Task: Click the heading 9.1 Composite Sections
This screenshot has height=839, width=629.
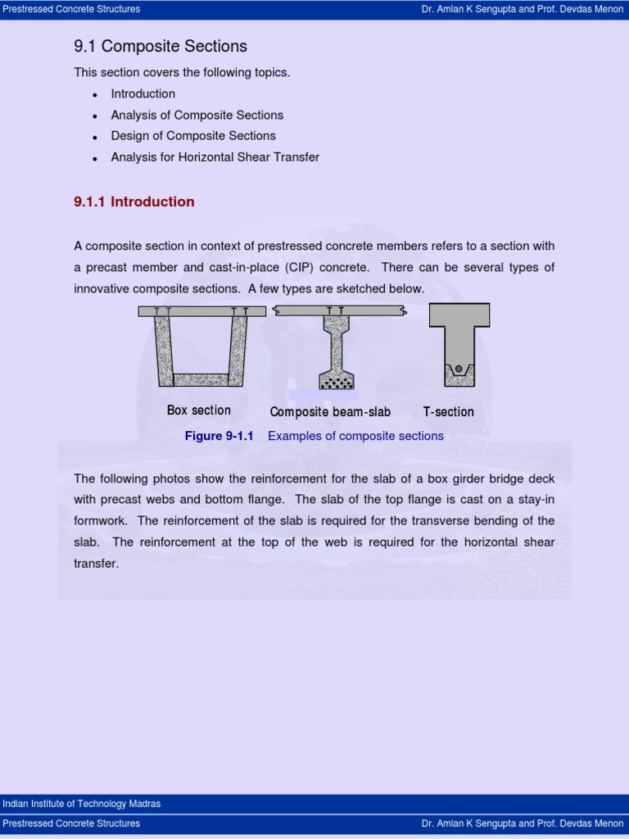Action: point(161,47)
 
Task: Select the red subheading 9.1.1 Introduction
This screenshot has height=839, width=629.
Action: point(134,202)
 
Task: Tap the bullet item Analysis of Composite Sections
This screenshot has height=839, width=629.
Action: point(197,115)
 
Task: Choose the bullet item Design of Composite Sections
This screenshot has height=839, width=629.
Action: point(193,136)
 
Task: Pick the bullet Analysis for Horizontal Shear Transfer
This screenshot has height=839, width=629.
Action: point(215,157)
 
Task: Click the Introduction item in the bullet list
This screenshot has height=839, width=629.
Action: point(143,94)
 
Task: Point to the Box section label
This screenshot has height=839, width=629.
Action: point(199,410)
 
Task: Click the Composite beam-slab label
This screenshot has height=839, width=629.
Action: point(330,412)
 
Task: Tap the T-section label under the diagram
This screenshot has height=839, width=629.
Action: point(448,412)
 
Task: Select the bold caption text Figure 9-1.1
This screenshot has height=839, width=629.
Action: point(219,436)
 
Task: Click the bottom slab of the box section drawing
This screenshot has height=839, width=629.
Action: point(201,379)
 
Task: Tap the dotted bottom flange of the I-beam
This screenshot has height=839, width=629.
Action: point(336,380)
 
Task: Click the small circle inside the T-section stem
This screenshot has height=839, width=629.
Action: point(459,369)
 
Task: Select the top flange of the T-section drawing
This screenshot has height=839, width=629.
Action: point(459,315)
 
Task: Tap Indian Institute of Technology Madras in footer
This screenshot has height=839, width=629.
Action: point(82,804)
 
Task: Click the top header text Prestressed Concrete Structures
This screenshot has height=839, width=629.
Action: point(71,9)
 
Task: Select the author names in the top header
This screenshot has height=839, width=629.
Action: point(522,9)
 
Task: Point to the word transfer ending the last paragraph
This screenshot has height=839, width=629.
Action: point(97,564)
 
